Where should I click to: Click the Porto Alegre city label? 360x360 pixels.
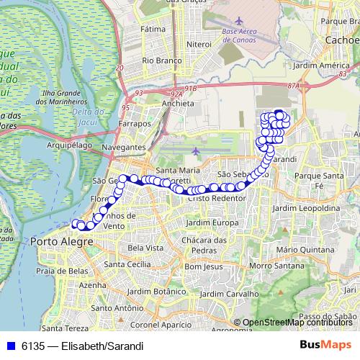coord(62,241)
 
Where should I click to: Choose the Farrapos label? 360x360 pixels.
coord(135,124)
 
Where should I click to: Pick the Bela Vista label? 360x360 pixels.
coord(144,248)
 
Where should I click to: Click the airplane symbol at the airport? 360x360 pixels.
coord(197,150)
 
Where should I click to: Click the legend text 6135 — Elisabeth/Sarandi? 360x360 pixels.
coord(82,346)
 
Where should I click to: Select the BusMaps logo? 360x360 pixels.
coord(328,345)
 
